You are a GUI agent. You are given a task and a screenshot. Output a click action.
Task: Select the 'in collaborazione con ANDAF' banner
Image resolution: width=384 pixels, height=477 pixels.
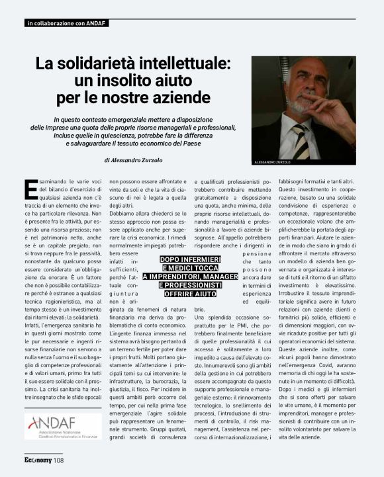click(x=66, y=24)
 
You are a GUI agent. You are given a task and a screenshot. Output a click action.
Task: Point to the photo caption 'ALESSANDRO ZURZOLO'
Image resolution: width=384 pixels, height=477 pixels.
click(x=273, y=162)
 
